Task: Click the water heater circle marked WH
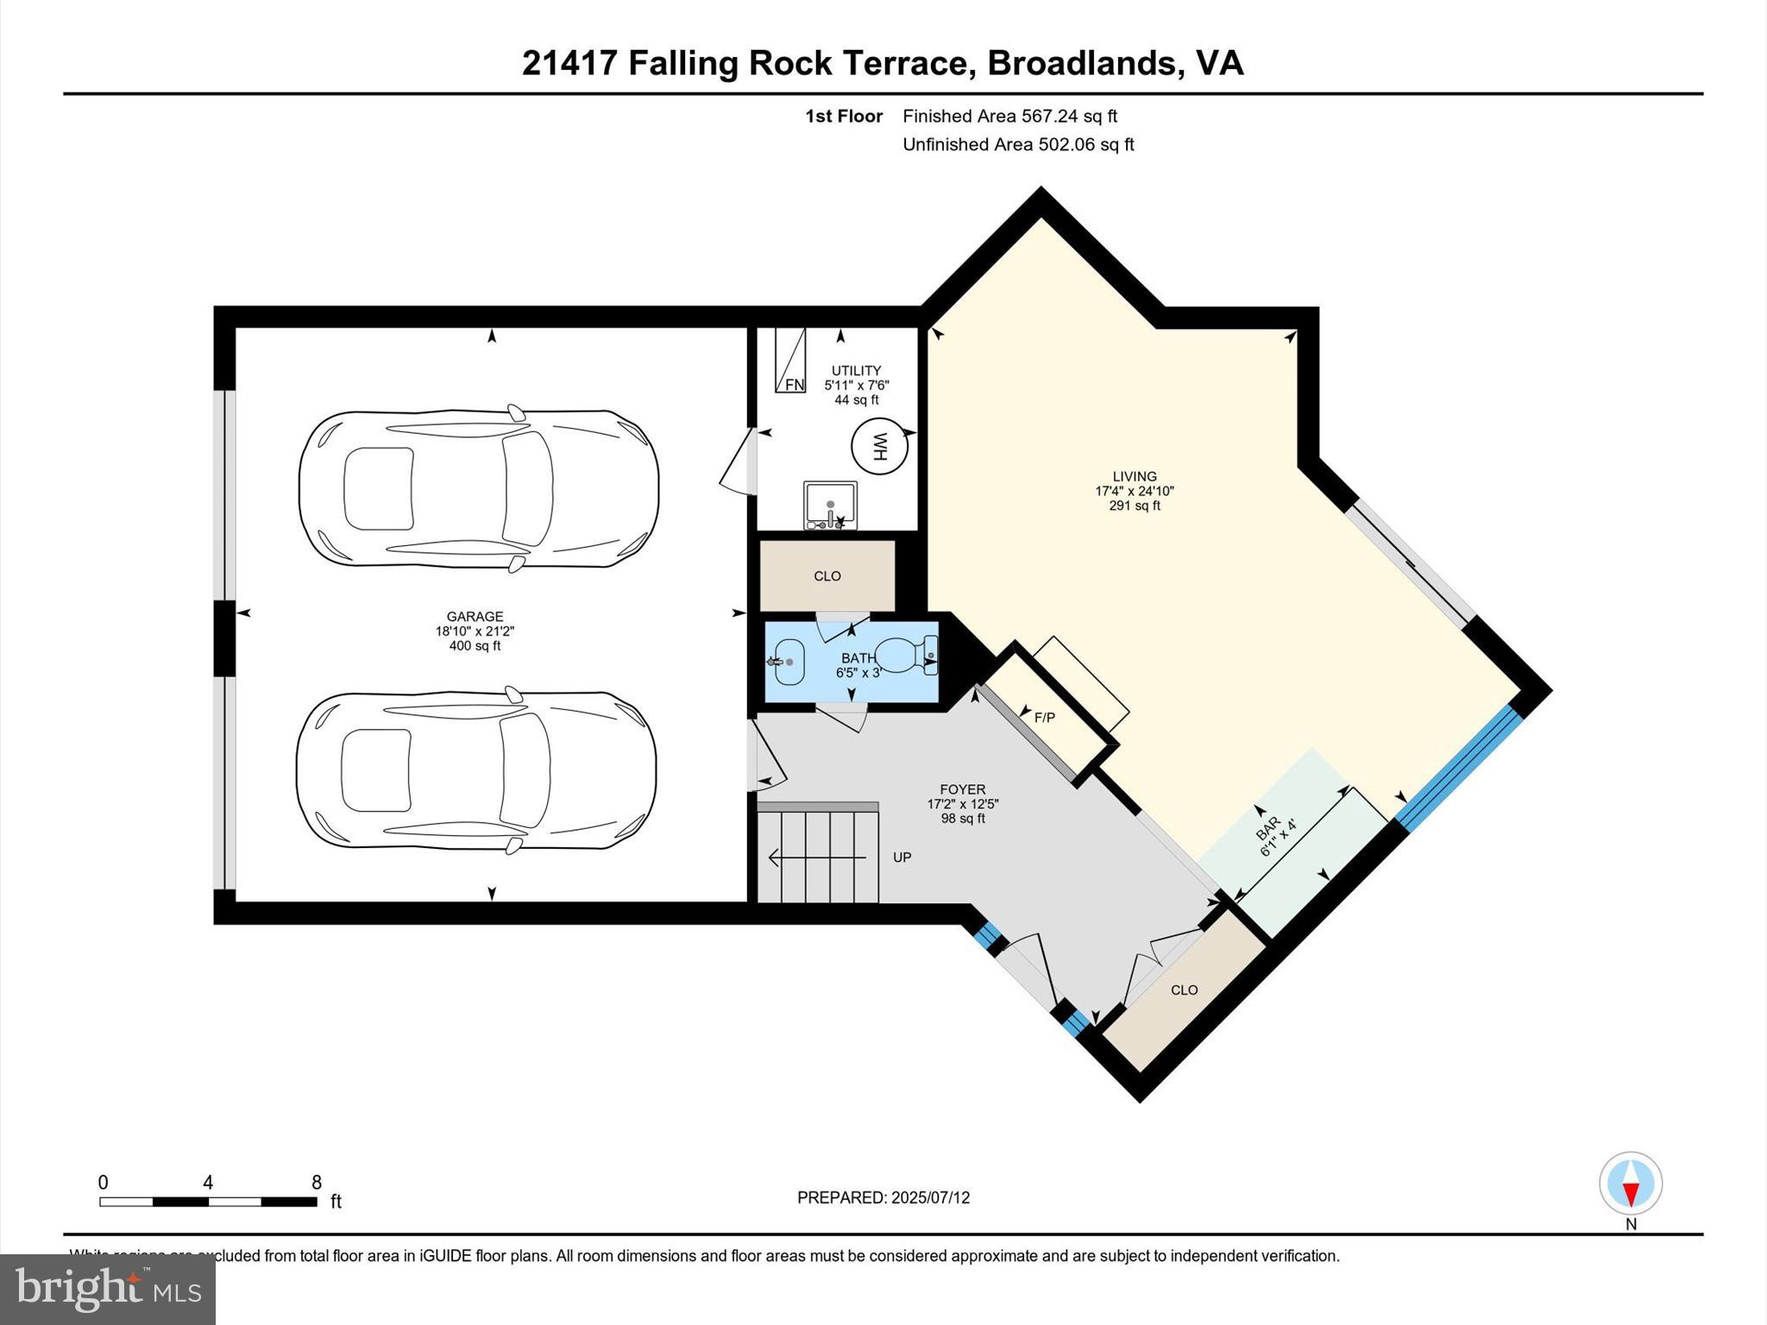click(x=879, y=447)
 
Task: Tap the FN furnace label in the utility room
click(x=794, y=385)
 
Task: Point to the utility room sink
click(x=830, y=506)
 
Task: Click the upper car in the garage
click(x=479, y=488)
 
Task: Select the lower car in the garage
click(x=476, y=770)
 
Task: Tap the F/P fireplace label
click(x=1044, y=717)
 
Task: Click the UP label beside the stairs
click(x=902, y=857)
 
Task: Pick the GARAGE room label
click(x=475, y=616)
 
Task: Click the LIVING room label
click(x=1134, y=476)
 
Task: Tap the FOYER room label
click(x=962, y=789)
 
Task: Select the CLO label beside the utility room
click(x=827, y=576)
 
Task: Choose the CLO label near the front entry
click(x=1184, y=990)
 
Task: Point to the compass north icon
click(x=1630, y=1184)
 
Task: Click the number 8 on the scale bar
click(x=316, y=1183)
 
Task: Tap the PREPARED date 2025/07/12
click(x=930, y=1197)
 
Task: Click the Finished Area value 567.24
click(x=1050, y=116)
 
